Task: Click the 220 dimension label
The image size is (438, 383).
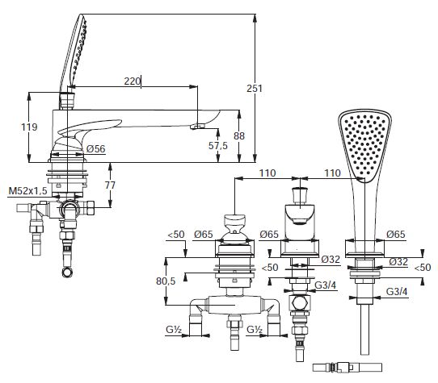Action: tap(132, 81)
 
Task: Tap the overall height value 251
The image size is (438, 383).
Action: tap(255, 89)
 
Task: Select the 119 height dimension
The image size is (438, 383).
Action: tap(29, 127)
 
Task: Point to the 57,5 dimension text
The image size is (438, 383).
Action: tap(218, 145)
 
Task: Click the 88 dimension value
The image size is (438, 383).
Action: tap(239, 135)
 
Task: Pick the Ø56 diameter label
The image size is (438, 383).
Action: tap(96, 148)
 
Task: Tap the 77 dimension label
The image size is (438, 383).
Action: tap(110, 185)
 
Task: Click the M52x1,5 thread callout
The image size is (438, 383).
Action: tap(28, 191)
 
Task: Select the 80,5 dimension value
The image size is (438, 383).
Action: tap(166, 281)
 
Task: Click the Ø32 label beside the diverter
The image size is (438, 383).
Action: tap(331, 260)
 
